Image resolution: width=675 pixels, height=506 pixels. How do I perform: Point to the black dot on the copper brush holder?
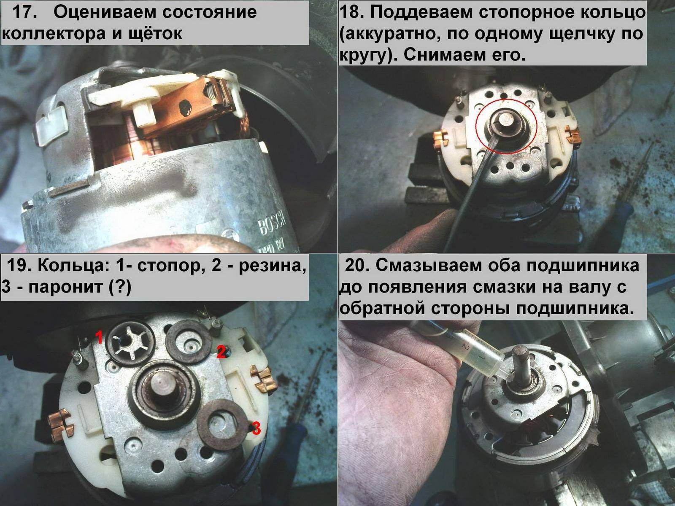click(x=186, y=108)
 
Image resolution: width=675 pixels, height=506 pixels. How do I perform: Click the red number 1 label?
click(x=99, y=337)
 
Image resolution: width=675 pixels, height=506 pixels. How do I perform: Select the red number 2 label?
click(x=221, y=352)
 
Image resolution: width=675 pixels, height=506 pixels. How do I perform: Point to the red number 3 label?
click(x=256, y=428)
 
